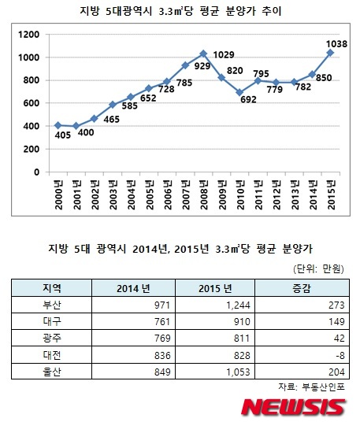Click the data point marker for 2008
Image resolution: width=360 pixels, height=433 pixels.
pyautogui.click(x=203, y=54)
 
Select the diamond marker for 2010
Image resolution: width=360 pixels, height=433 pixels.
pyautogui.click(x=239, y=93)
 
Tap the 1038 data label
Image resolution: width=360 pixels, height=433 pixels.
pyautogui.click(x=336, y=44)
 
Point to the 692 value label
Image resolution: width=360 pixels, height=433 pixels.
pyautogui.click(x=248, y=99)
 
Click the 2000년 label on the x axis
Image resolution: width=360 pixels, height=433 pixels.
pyautogui.click(x=59, y=195)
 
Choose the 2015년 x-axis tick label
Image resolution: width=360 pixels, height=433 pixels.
pyautogui.click(x=331, y=195)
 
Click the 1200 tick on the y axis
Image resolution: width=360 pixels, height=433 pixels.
pyautogui.click(x=28, y=35)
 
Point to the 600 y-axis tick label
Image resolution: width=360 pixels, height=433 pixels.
pyautogui.click(x=32, y=103)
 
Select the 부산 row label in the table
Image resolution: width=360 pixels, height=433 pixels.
pyautogui.click(x=52, y=305)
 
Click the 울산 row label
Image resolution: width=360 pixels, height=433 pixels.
pyautogui.click(x=52, y=372)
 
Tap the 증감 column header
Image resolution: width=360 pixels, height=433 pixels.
pyautogui.click(x=302, y=288)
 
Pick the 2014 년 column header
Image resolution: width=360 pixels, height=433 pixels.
pyautogui.click(x=133, y=289)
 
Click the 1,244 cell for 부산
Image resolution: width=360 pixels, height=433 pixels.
pyautogui.click(x=238, y=305)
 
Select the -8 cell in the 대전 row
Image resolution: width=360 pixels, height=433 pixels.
pyautogui.click(x=340, y=355)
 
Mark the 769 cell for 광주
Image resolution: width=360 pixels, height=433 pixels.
pyautogui.click(x=162, y=339)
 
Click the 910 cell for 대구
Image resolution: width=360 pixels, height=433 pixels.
pyautogui.click(x=242, y=322)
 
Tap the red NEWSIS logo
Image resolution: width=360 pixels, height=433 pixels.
pyautogui.click(x=293, y=407)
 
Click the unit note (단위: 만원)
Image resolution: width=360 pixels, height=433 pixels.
pyautogui.click(x=318, y=268)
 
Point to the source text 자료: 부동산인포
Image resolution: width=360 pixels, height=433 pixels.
pyautogui.click(x=311, y=387)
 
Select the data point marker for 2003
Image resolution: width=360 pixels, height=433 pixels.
pyautogui.click(x=113, y=105)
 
